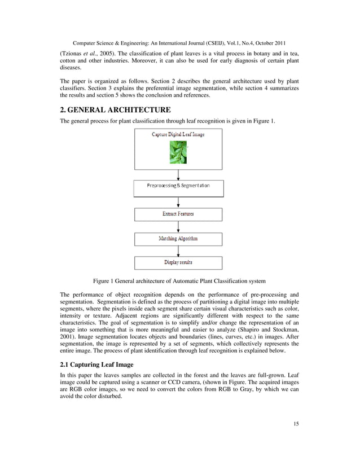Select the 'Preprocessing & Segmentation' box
[x=178, y=186]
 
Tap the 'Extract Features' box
[x=178, y=214]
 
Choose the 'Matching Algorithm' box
[x=178, y=239]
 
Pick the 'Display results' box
[x=178, y=263]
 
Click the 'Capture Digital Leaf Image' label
[x=178, y=134]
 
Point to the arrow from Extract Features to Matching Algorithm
[x=178, y=227]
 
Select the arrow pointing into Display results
[x=178, y=251]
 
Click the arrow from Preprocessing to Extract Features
[x=178, y=202]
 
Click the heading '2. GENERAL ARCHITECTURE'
[x=115, y=109]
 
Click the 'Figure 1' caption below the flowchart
[x=178, y=281]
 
